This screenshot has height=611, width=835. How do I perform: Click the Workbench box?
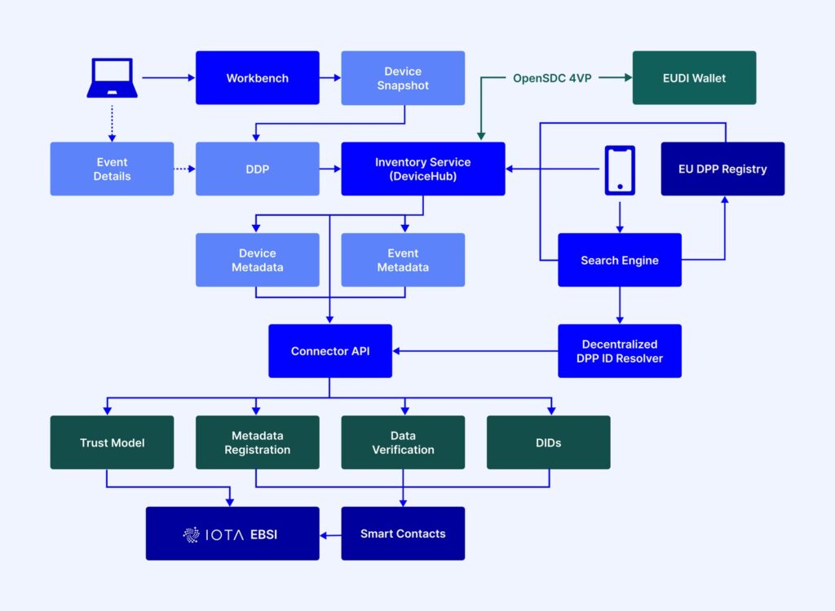[257, 77]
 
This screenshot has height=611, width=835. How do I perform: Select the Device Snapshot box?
[403, 77]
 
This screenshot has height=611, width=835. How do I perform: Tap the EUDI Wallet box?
[694, 77]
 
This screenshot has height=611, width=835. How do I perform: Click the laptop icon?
[112, 77]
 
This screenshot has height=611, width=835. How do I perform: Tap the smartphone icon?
[620, 170]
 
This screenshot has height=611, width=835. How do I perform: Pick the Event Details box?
[112, 169]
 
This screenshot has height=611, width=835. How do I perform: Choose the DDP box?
[257, 169]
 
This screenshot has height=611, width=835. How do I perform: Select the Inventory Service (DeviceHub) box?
[423, 169]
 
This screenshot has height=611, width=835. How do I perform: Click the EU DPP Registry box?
[722, 169]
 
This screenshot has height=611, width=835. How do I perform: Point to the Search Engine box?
[620, 260]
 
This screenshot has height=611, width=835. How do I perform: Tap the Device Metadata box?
[257, 260]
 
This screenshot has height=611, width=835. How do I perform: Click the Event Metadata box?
[403, 260]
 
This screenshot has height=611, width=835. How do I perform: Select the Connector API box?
[330, 351]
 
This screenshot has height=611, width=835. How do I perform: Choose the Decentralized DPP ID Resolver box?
[620, 351]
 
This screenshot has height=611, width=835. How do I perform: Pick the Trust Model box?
[112, 442]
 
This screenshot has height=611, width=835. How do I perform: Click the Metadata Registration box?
[257, 442]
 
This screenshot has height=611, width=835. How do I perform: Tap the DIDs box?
[549, 442]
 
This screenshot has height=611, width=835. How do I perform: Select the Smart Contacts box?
[403, 534]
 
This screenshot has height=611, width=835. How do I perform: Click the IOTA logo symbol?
[191, 534]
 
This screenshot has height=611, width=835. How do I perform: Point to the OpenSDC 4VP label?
[552, 78]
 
